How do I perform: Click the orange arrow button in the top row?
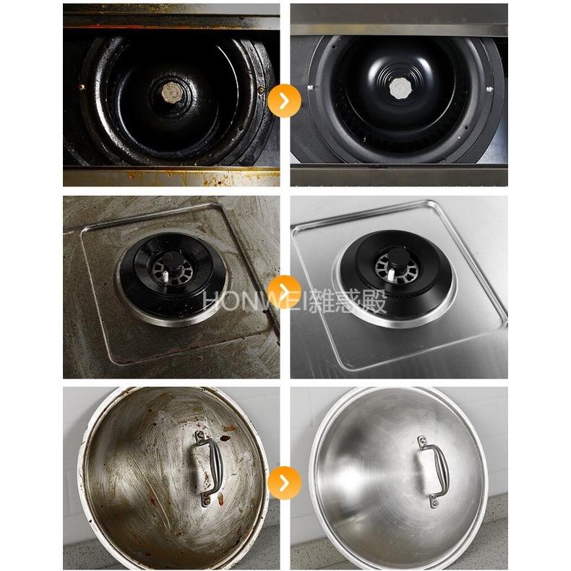[x=284, y=100]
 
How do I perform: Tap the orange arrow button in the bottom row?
[x=284, y=483]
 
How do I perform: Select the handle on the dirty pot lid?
[x=210, y=467]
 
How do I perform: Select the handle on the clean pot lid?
[x=435, y=471]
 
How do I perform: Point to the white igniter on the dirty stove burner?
[x=166, y=277]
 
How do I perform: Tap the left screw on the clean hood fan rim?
[x=310, y=87]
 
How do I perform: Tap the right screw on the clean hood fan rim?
[x=489, y=89]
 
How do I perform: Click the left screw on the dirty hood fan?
[x=82, y=87]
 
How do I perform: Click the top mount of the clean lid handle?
[x=423, y=442]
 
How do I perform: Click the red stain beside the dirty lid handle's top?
[x=226, y=438]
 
